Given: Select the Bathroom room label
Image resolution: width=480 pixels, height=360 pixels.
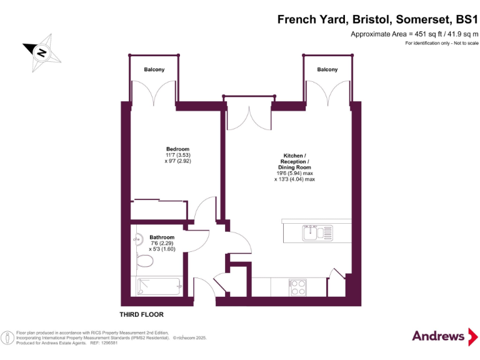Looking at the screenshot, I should click(x=162, y=237).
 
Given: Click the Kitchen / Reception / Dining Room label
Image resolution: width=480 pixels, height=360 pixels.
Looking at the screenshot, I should click(x=294, y=161).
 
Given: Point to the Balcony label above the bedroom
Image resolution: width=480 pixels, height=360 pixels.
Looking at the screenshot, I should click(x=154, y=69).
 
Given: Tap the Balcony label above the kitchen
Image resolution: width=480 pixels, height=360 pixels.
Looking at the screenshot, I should click(x=327, y=69).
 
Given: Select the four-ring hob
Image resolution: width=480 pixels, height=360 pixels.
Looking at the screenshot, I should click(x=297, y=287).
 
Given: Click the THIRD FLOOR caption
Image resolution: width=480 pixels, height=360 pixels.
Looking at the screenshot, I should click(x=142, y=314).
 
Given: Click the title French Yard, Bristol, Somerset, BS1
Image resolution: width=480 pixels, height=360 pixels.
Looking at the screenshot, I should click(x=377, y=20).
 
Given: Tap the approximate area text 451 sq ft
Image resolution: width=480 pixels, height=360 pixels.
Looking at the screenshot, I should click(x=414, y=34).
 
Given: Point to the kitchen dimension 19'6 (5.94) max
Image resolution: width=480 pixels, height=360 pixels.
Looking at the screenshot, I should click(x=294, y=173).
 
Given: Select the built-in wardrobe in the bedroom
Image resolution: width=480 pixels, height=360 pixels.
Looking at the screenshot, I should click(x=159, y=210).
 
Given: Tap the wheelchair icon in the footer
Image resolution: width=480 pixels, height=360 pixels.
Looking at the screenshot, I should click(x=7, y=337).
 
